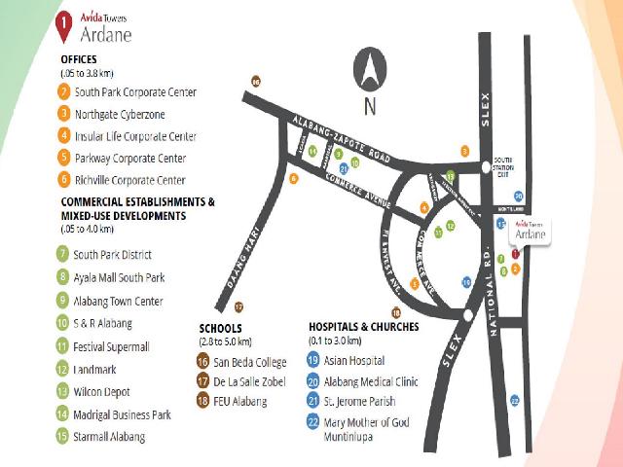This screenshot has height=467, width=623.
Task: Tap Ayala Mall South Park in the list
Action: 119,278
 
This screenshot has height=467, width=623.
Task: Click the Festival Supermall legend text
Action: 115,345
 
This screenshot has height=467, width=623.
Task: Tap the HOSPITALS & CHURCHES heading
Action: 363,327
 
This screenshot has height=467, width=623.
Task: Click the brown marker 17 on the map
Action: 238,306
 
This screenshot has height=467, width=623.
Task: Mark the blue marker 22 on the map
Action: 515,400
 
